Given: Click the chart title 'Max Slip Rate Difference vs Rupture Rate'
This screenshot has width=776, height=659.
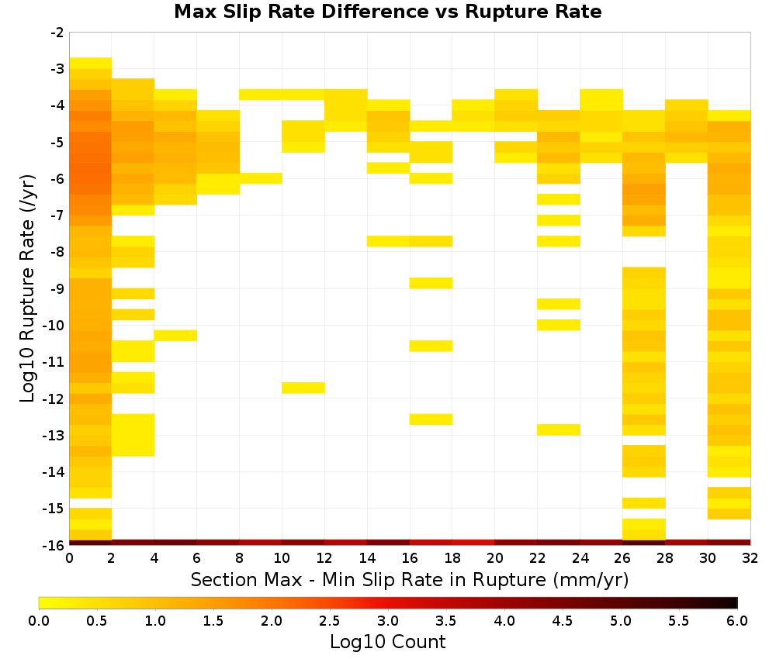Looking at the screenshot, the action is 387,12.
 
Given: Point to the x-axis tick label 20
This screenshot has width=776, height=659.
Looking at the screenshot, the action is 494,558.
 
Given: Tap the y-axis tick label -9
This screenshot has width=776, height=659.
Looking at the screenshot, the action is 57,288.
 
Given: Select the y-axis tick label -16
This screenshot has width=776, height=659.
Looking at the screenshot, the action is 54,545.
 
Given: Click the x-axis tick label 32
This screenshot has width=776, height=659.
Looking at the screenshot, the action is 750,558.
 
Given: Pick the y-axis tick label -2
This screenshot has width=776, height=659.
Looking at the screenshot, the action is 57,33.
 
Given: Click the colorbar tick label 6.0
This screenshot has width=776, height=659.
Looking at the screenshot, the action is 737,620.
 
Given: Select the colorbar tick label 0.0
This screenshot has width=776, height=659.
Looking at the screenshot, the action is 39,620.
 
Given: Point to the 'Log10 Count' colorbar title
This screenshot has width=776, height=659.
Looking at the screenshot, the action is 387,642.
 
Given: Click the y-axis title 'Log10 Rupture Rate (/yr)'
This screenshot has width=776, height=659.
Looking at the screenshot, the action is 28,288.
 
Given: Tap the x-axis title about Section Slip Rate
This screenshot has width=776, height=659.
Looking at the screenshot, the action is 409,579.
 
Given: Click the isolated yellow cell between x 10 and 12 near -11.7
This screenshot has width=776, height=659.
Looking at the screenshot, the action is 303,388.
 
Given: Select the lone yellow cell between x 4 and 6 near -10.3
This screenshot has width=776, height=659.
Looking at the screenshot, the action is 175,335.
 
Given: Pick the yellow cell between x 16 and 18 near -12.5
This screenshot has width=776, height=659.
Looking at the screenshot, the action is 431,419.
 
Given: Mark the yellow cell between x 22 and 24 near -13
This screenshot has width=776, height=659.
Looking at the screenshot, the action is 559,430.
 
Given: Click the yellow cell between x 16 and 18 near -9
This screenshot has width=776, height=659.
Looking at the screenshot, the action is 431,283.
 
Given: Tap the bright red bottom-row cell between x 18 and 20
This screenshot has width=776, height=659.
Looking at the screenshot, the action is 473,543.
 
